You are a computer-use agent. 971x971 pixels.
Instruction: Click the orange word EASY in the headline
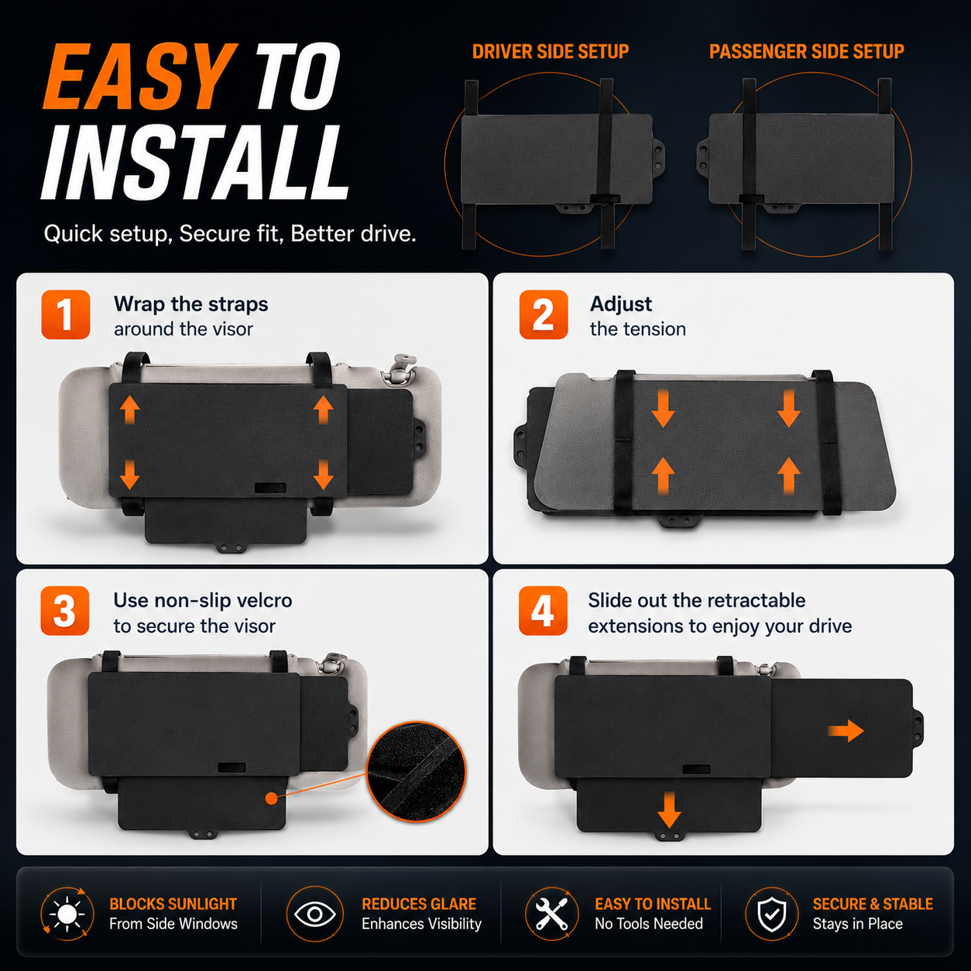pos(139,76)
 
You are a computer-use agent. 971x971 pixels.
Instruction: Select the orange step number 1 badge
pos(66,314)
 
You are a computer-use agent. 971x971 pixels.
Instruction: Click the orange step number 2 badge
pos(544,314)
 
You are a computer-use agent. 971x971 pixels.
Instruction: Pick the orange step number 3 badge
pos(65,611)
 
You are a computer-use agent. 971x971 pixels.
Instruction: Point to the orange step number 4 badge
pos(544,611)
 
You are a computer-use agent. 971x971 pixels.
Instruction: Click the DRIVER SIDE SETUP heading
pos(551,51)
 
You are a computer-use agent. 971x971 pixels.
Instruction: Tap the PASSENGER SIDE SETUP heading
pos(806,51)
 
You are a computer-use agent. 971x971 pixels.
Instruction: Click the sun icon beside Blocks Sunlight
pos(67,914)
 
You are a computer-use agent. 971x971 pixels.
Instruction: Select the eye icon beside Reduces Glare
pos(315,914)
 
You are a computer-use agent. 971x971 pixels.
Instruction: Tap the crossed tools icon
pos(552,914)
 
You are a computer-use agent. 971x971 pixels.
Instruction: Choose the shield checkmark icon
pos(771,914)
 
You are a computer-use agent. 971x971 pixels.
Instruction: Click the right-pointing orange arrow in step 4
pos(846,731)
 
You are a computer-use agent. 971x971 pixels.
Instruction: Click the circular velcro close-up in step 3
pos(417,771)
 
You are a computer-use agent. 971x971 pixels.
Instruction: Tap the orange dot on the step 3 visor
pos(272,798)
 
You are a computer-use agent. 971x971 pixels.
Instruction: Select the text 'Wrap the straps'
pos(191,304)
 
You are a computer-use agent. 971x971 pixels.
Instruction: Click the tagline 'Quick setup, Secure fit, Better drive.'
pos(230,234)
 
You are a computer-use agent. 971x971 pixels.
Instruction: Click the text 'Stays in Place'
pos(857,924)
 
